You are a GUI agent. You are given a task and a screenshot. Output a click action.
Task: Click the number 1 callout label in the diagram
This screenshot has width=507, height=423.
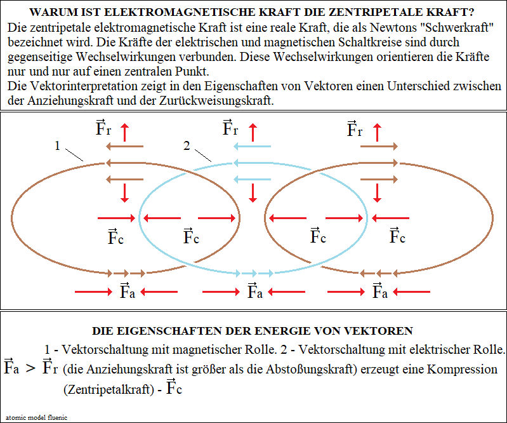pyautogui.click(x=57, y=146)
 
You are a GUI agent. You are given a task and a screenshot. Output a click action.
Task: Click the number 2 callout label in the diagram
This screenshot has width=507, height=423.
pyautogui.click(x=187, y=146)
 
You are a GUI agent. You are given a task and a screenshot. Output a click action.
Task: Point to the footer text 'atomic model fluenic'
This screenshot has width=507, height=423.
pyautogui.click(x=36, y=417)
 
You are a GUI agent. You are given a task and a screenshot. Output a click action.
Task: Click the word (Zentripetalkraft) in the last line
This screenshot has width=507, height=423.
pyautogui.click(x=109, y=389)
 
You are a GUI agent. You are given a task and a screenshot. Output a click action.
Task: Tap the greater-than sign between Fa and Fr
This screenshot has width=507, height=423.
pyautogui.click(x=30, y=368)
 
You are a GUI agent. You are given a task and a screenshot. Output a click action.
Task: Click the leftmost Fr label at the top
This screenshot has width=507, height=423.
pyautogui.click(x=103, y=128)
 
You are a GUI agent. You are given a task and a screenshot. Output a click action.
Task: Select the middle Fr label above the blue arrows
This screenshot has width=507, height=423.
pyautogui.click(x=230, y=128)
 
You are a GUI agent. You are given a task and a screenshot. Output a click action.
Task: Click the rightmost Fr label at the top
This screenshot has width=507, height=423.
pyautogui.click(x=354, y=129)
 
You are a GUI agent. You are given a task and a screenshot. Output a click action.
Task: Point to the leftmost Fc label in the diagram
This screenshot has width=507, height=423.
pyautogui.click(x=115, y=236)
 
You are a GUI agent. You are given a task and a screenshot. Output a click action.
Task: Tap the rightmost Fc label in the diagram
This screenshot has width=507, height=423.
pyautogui.click(x=397, y=236)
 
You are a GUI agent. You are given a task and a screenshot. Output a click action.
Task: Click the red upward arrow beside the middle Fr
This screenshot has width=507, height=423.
pyautogui.click(x=253, y=132)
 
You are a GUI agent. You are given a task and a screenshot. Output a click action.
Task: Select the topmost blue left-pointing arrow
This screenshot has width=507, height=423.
pyautogui.click(x=252, y=147)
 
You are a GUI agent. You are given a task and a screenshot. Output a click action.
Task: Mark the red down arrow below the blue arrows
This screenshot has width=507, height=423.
pyautogui.click(x=253, y=193)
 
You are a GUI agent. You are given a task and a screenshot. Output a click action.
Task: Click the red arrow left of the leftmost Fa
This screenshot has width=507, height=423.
pyautogui.click(x=93, y=292)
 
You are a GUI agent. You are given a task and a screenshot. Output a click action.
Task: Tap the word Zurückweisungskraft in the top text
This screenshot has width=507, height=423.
pyautogui.click(x=216, y=100)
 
